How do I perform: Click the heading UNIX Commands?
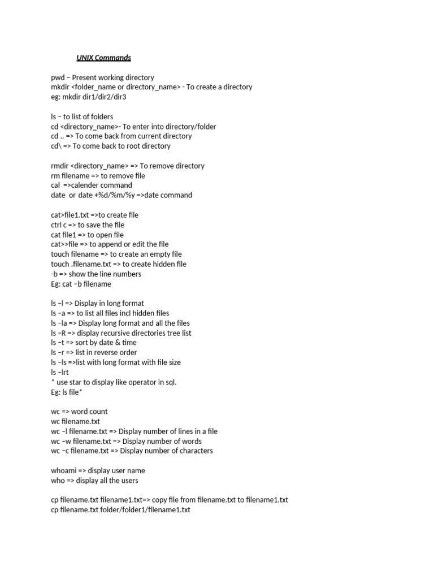[103, 58]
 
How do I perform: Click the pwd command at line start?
[58, 77]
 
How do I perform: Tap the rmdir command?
[60, 166]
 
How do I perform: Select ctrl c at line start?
[60, 225]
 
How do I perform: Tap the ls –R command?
[59, 333]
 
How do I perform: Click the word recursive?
[125, 333]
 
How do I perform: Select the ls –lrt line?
[59, 372]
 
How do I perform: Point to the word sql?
[171, 382]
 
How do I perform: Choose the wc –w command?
[60, 441]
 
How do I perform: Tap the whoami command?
[64, 470]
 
